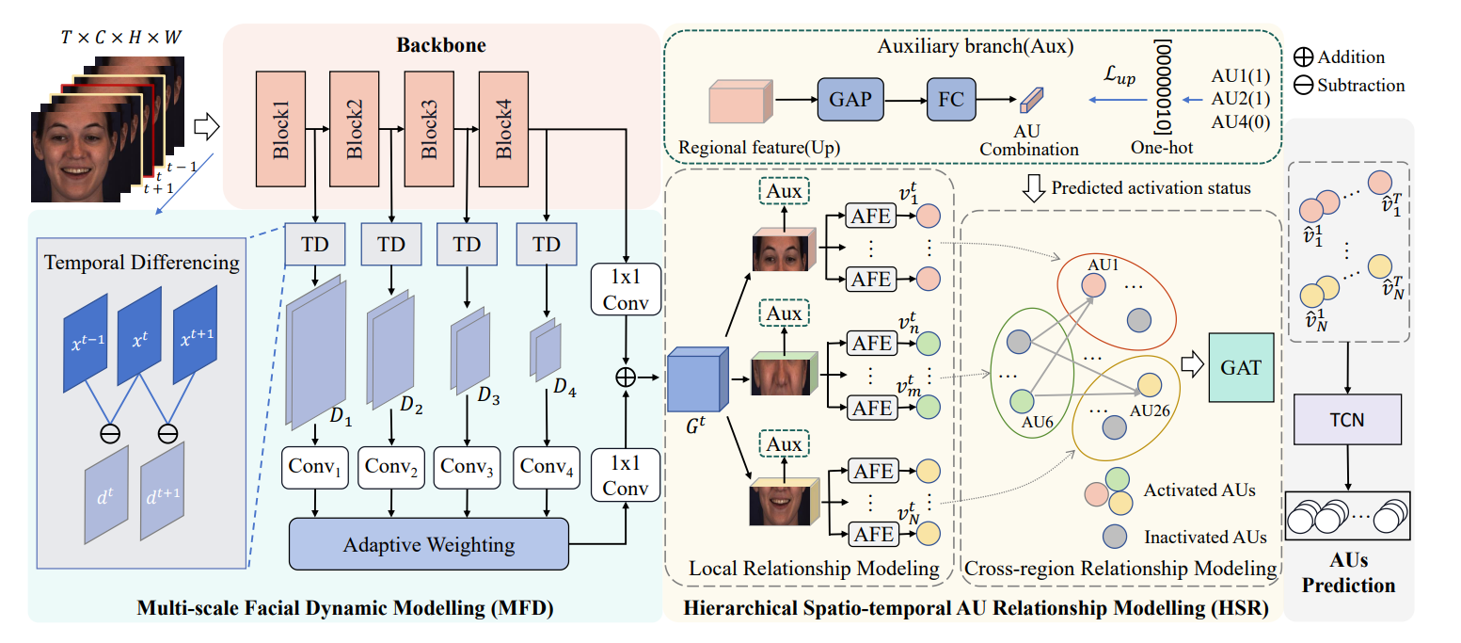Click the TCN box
coord(1347,418)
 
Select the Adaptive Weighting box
coord(429,544)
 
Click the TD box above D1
coord(315,244)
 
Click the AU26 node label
coord(1149,410)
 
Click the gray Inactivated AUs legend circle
coord(1116,536)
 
